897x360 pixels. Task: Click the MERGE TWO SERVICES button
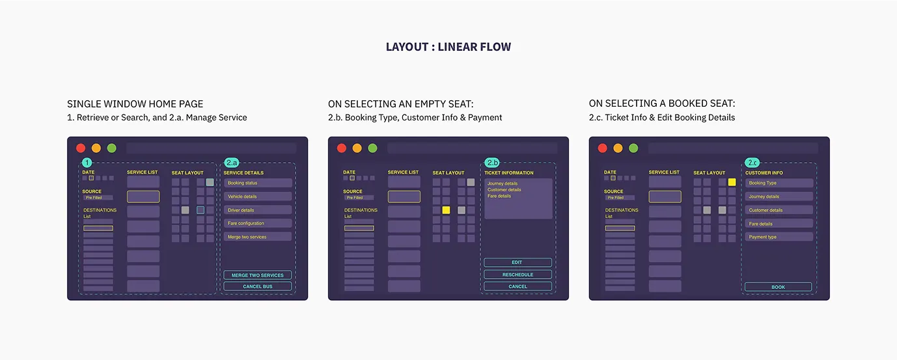tap(257, 275)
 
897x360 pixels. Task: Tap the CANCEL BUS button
tap(257, 286)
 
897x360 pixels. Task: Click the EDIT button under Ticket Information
tap(517, 262)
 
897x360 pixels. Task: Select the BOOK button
tap(778, 287)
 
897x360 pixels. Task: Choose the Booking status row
tap(258, 183)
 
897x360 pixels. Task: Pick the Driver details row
tap(258, 210)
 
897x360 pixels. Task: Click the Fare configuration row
tap(258, 223)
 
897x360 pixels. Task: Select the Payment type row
tap(779, 237)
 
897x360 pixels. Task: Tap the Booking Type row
tap(779, 183)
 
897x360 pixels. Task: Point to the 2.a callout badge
tap(232, 162)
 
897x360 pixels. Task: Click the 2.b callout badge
tap(492, 162)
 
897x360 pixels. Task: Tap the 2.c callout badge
tap(752, 162)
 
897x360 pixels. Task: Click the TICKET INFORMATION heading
tap(508, 173)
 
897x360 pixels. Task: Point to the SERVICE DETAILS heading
tap(243, 173)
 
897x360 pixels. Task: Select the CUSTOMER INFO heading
tap(764, 173)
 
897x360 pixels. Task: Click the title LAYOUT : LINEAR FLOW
tap(448, 47)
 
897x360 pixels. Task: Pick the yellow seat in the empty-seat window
tap(446, 210)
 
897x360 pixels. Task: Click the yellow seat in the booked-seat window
tap(732, 182)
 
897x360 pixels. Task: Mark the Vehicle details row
tap(258, 197)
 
